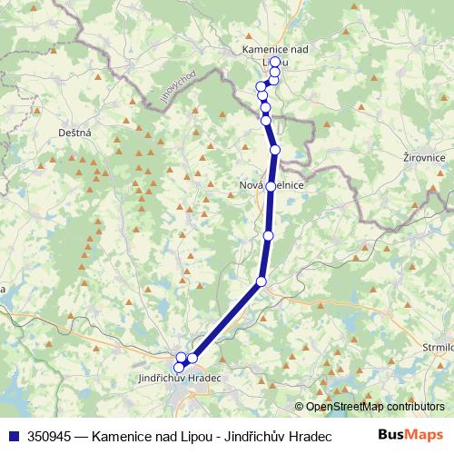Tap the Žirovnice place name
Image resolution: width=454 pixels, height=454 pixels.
(x=423, y=157)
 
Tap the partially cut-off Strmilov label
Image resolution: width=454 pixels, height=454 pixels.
(x=438, y=347)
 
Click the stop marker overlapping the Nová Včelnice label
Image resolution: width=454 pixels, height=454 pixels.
(x=270, y=186)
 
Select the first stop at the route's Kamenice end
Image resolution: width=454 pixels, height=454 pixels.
(x=274, y=62)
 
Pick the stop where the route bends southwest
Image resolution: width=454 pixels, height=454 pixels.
(x=262, y=281)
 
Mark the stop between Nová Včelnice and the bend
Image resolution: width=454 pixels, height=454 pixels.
(x=268, y=236)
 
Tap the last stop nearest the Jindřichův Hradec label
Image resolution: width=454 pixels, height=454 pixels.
(x=179, y=367)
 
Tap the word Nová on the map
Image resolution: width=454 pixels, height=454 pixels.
(x=250, y=186)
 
